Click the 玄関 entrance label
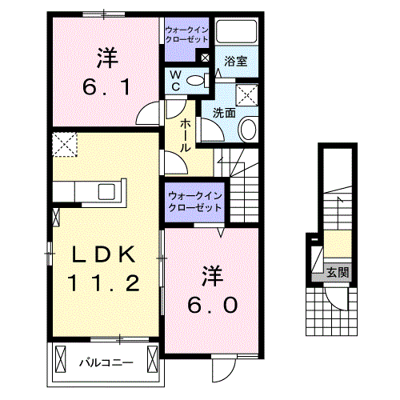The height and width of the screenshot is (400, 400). click(x=337, y=273)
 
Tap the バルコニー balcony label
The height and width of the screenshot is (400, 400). click(x=106, y=362)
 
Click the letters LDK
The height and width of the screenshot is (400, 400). click(x=106, y=255)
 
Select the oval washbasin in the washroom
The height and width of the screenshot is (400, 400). click(x=249, y=129)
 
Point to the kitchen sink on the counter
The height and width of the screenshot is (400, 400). click(x=106, y=191)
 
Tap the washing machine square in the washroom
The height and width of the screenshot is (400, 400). click(x=249, y=94)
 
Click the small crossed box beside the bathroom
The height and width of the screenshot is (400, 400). click(x=205, y=58)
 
